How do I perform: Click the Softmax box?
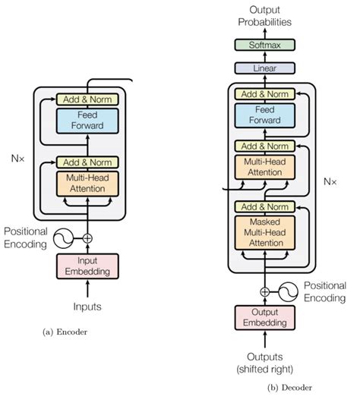pyautogui.click(x=265, y=46)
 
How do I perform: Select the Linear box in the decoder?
pyautogui.click(x=265, y=68)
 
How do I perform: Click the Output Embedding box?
pyautogui.click(x=264, y=317)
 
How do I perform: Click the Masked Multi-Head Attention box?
pyautogui.click(x=265, y=231)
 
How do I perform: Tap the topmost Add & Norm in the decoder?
pyautogui.click(x=265, y=94)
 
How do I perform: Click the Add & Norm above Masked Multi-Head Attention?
pyautogui.click(x=265, y=206)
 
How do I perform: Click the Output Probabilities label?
pyautogui.click(x=265, y=15)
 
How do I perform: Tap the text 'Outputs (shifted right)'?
pyautogui.click(x=264, y=363)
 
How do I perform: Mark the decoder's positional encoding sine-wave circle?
pyautogui.click(x=289, y=291)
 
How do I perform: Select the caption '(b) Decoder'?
pyautogui.click(x=289, y=387)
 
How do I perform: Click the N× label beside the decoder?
pyautogui.click(x=330, y=182)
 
